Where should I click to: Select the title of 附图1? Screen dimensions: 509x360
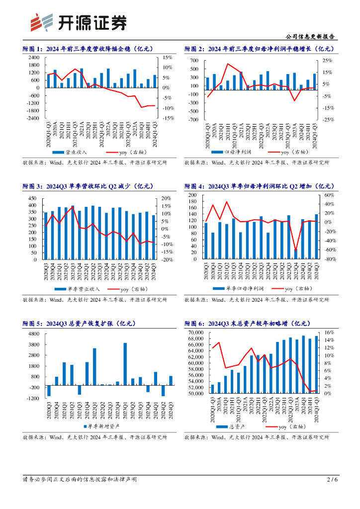click(x=88, y=49)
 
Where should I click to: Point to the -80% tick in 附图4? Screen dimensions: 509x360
click(x=330, y=259)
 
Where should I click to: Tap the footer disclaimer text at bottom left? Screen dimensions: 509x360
click(x=80, y=480)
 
